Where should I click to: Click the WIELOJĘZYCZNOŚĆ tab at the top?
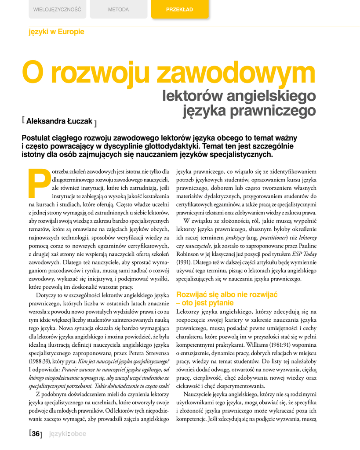click(x=57, y=9)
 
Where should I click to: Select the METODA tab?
click(x=118, y=9)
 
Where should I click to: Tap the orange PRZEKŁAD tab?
click(x=179, y=9)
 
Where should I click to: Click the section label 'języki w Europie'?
click(x=56, y=32)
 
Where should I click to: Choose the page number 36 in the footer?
click(x=36, y=434)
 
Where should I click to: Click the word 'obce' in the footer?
click(x=78, y=434)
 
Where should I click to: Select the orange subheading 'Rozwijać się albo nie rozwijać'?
click(x=226, y=294)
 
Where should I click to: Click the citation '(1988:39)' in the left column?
click(x=39, y=361)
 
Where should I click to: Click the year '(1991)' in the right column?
click(x=184, y=262)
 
